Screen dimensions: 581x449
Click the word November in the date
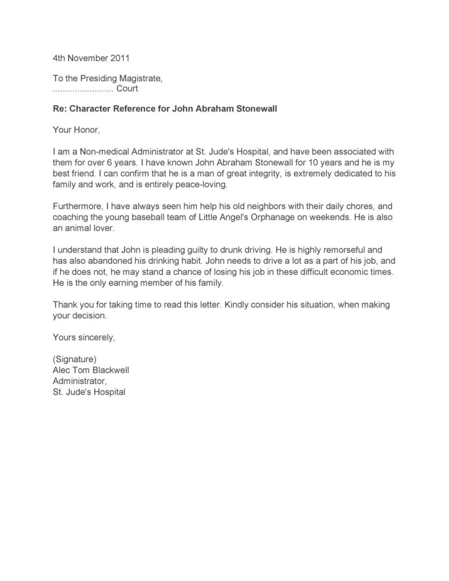[x=85, y=58]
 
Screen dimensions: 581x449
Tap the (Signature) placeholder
[x=74, y=359]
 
